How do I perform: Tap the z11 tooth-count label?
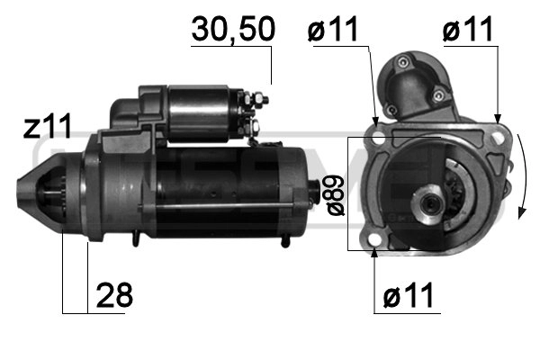[x=47, y=128]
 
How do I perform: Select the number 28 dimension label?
[x=113, y=294]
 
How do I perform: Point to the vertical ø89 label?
[x=336, y=194]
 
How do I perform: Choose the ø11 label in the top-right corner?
[x=468, y=30]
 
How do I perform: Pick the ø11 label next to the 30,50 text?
[x=333, y=30]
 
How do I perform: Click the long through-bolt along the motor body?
[x=207, y=213]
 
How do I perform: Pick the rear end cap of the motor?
[x=299, y=191]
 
